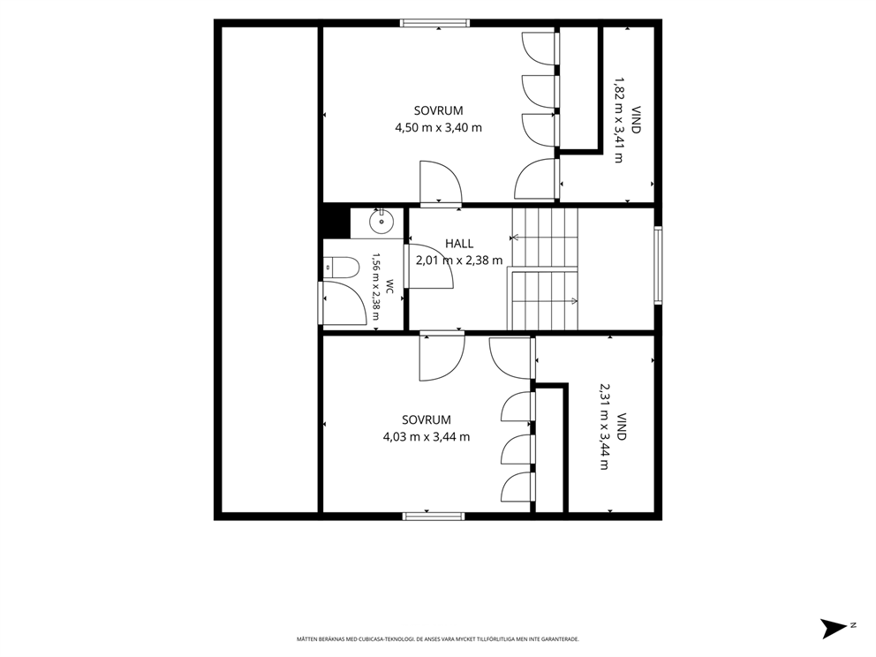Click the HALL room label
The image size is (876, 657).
tap(459, 244)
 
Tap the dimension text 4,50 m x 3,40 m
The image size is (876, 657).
tap(439, 128)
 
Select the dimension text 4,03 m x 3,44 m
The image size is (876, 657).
tap(427, 437)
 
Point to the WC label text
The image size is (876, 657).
tap(389, 287)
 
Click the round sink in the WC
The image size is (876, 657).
tap(381, 223)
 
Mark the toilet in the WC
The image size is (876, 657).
tap(341, 268)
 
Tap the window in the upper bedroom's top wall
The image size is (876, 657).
tap(434, 24)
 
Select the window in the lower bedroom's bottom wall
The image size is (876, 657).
tap(434, 517)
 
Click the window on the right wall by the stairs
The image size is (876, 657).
tap(658, 266)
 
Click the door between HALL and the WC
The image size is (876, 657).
tap(429, 267)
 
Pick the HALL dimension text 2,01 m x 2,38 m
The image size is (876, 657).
tap(459, 261)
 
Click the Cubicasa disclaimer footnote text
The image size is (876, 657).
tap(437, 638)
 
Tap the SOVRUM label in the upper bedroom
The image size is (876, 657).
tap(439, 110)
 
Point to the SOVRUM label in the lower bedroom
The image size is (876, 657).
tap(427, 420)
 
